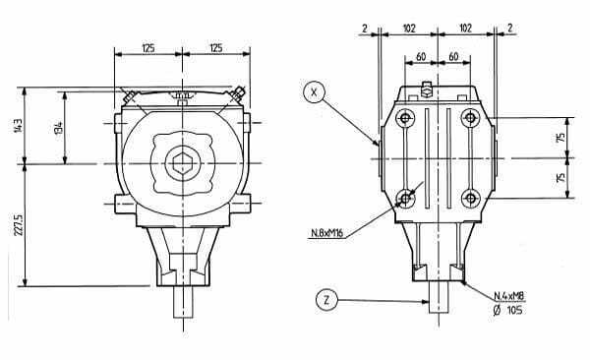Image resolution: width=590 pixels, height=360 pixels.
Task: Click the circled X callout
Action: (x=314, y=92)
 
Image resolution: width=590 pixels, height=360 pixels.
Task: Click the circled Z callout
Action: (x=326, y=300)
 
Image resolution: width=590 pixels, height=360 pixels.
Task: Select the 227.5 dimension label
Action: (x=19, y=225)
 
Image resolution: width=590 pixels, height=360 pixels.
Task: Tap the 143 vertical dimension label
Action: (x=18, y=126)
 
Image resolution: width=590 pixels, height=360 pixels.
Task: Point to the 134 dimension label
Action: (x=58, y=128)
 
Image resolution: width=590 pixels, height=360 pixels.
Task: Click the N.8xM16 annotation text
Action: (x=327, y=233)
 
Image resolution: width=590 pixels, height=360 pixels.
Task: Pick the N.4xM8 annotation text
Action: (x=508, y=296)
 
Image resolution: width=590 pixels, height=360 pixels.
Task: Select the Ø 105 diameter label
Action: (x=507, y=310)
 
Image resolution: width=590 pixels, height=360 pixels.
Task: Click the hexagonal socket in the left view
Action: (x=183, y=163)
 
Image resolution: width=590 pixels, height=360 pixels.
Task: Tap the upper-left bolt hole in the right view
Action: (x=405, y=118)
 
